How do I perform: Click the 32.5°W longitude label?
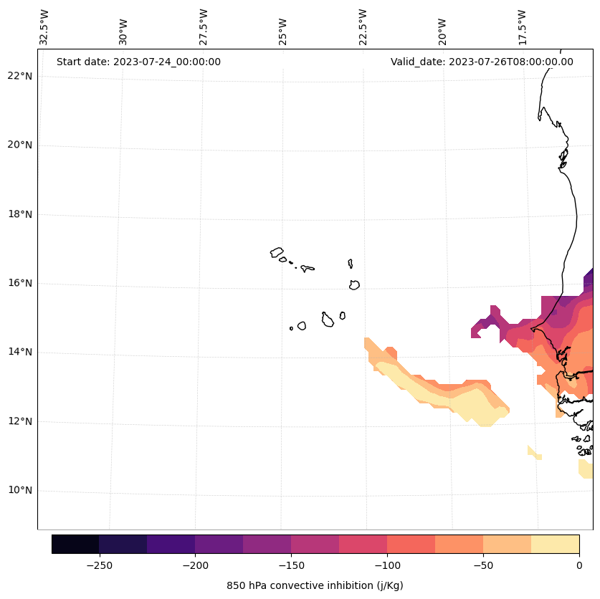[x=44, y=27]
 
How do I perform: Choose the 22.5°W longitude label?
[x=363, y=27]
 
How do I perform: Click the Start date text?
[x=138, y=62]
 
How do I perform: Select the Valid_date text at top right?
[x=482, y=62]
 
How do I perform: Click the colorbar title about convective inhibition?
[x=315, y=585]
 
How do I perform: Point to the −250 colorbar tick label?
[x=99, y=565]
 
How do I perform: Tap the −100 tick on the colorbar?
[x=387, y=565]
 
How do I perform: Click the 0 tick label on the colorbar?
[x=578, y=565]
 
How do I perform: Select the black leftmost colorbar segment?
[x=75, y=544]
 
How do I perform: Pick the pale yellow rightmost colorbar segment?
[x=555, y=544]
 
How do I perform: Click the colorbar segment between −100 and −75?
[x=411, y=544]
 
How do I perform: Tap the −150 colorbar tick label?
[x=291, y=565]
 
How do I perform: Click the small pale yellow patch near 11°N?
[x=534, y=453]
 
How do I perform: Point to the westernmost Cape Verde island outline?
[x=277, y=252]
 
